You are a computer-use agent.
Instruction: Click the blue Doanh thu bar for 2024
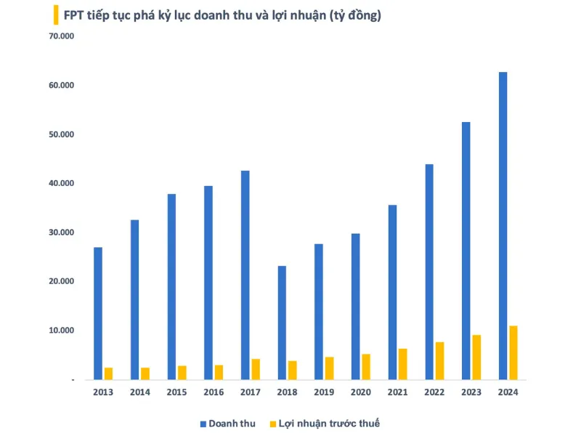tap(503, 225)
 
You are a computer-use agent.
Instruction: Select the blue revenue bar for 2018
tap(282, 323)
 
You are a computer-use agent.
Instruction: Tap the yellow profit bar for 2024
tap(513, 352)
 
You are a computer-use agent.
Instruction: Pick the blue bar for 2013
tap(98, 313)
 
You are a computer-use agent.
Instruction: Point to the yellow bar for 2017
tap(256, 369)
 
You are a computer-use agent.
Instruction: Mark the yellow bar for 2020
tap(366, 366)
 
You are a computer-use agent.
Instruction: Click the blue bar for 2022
tap(429, 272)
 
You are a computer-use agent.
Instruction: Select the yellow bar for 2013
tap(108, 374)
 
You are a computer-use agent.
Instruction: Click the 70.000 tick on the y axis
tap(61, 36)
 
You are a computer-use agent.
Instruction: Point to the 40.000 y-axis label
tap(61, 183)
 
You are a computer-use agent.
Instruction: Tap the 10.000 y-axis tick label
tap(61, 331)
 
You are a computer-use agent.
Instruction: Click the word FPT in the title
tap(74, 15)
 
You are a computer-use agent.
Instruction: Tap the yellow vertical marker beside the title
tap(56, 15)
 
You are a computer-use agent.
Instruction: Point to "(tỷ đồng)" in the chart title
tap(352, 15)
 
